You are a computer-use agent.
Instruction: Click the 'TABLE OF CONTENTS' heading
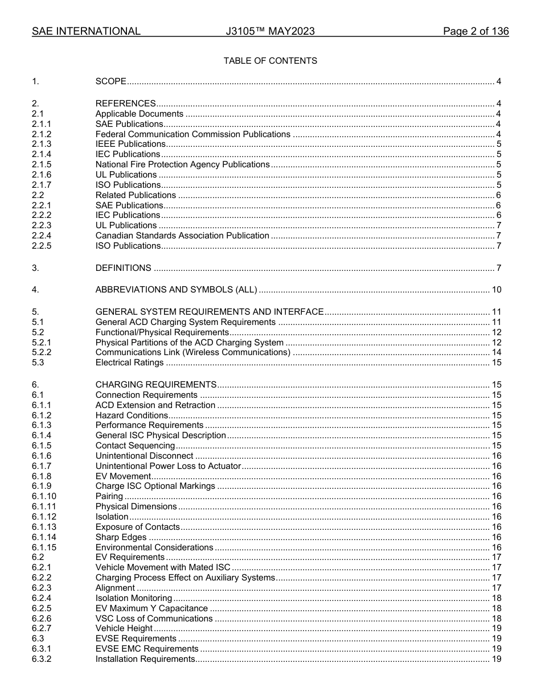270,61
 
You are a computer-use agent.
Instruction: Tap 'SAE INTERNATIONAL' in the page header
86,31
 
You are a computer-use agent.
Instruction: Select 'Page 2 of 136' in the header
476,31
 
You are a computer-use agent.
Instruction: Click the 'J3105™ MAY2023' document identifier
270,31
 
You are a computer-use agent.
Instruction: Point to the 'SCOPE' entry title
110,81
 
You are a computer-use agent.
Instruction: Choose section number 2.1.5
42,164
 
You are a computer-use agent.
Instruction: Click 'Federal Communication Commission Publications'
192,134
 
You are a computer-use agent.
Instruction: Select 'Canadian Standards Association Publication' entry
182,236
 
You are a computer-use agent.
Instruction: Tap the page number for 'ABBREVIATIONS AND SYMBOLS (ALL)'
496,290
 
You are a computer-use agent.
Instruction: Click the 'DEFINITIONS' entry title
123,268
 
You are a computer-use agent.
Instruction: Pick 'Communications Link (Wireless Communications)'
192,352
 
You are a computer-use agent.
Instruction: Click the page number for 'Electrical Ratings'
496,363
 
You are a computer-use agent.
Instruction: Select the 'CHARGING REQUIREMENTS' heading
155,385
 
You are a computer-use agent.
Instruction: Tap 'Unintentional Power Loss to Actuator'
168,466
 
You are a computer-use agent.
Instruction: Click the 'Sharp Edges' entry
121,537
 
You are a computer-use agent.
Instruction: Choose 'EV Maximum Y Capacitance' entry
151,608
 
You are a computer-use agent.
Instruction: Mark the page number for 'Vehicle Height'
496,629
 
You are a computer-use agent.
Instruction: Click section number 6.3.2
42,659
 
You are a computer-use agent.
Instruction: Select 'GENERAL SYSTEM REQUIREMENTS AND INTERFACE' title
209,312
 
